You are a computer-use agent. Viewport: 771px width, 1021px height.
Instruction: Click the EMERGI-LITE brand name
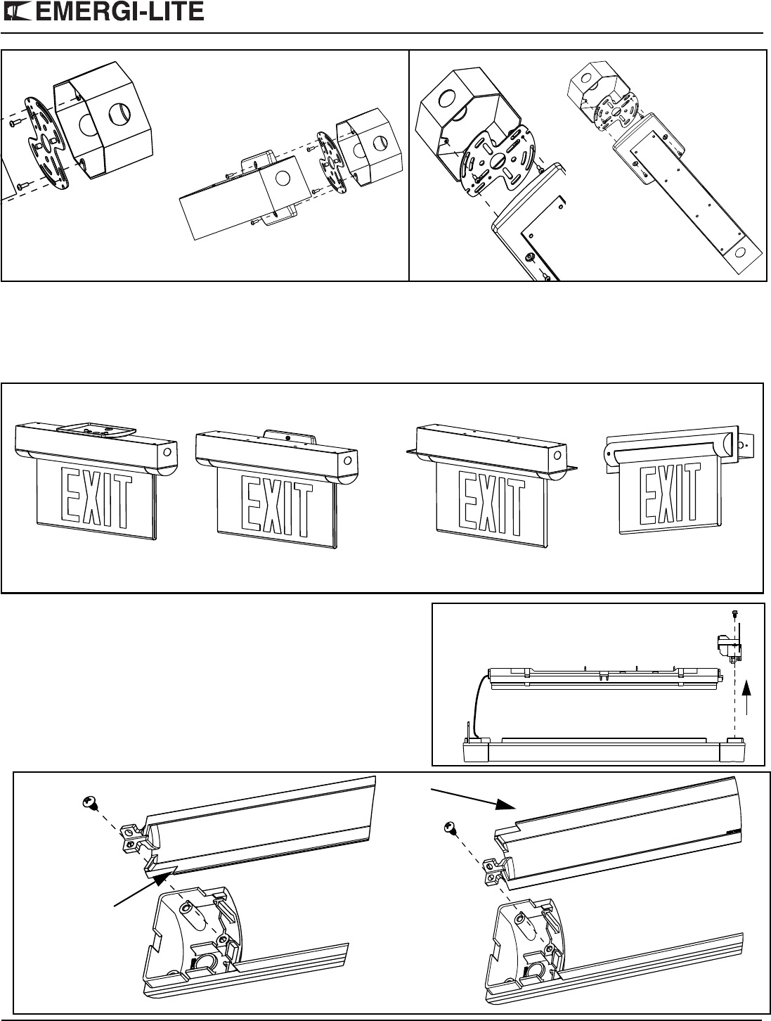pyautogui.click(x=120, y=11)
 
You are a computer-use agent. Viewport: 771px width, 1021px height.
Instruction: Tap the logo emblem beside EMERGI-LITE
pyautogui.click(x=18, y=12)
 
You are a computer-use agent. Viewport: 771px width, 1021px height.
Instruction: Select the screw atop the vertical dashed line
pyautogui.click(x=734, y=615)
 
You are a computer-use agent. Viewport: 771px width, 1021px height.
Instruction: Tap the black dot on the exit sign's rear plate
pyautogui.click(x=288, y=438)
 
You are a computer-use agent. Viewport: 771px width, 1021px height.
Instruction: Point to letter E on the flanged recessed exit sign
pyautogui.click(x=467, y=499)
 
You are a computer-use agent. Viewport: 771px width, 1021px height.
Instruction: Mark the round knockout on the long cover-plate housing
pyautogui.click(x=739, y=254)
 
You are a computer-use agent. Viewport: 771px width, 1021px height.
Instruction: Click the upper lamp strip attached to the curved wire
pyautogui.click(x=604, y=679)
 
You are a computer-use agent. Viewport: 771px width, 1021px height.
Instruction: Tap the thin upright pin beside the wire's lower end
pyautogui.click(x=468, y=730)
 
